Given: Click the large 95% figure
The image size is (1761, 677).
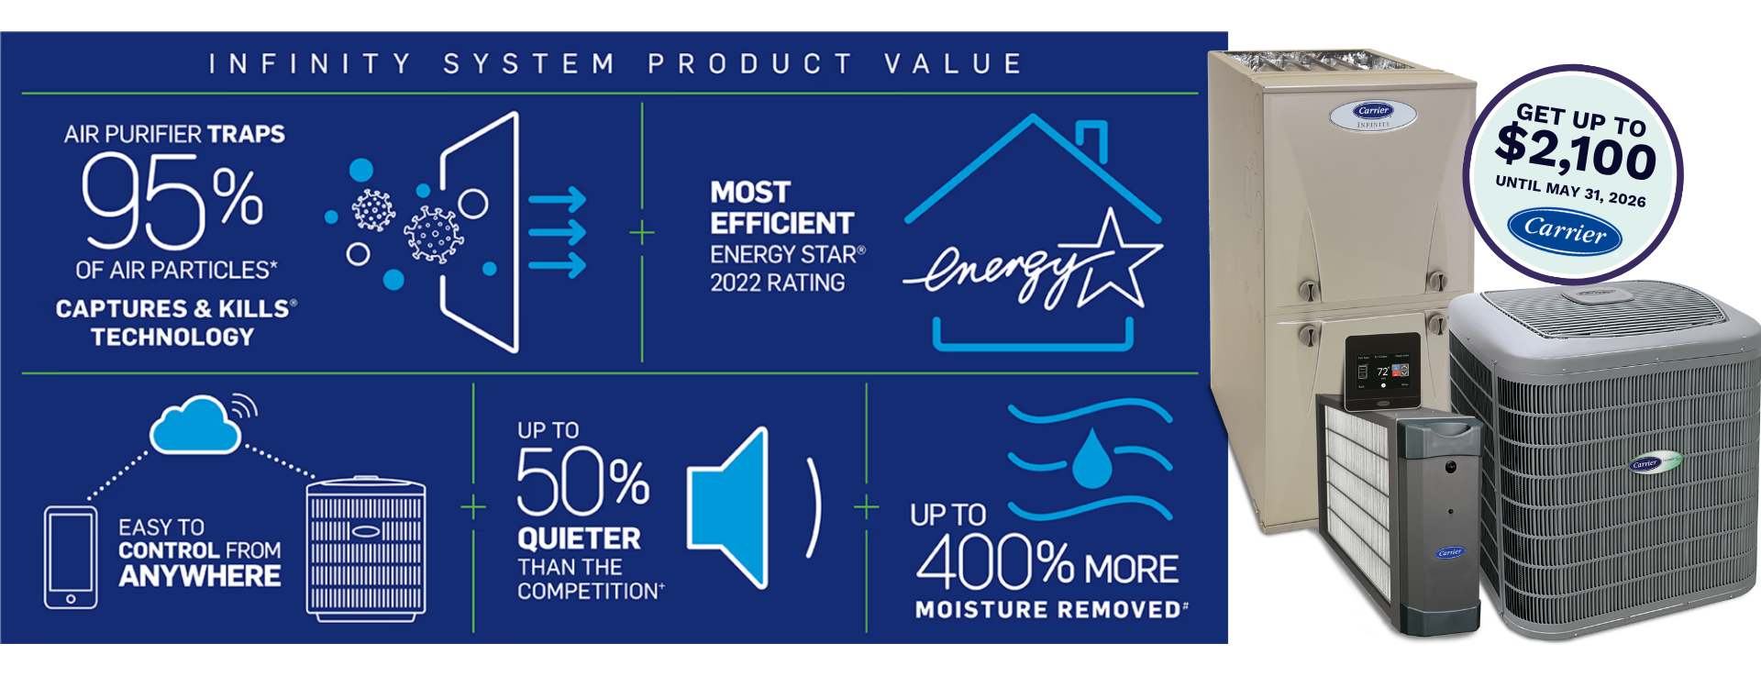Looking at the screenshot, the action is pos(172,202).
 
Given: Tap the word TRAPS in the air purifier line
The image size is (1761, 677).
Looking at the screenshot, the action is pos(246,134).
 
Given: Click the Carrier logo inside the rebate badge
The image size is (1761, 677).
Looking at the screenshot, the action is pos(1565,230).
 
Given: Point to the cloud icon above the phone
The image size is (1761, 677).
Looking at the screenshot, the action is pos(195,425).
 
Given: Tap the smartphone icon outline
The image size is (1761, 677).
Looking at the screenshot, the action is pos(71,557).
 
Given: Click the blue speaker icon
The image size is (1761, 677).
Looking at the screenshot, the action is pos(728,507).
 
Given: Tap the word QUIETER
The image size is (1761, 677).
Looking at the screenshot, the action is pos(579,538).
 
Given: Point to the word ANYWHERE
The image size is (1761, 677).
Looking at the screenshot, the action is pos(200,576).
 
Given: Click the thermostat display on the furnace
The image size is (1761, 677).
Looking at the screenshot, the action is pos(1383,372).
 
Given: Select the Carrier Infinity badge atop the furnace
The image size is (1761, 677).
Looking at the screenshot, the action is pos(1373,115).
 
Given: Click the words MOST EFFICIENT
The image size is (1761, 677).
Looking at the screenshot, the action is pos(781,207).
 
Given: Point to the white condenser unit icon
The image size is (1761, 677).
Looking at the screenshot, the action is pos(366,549).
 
